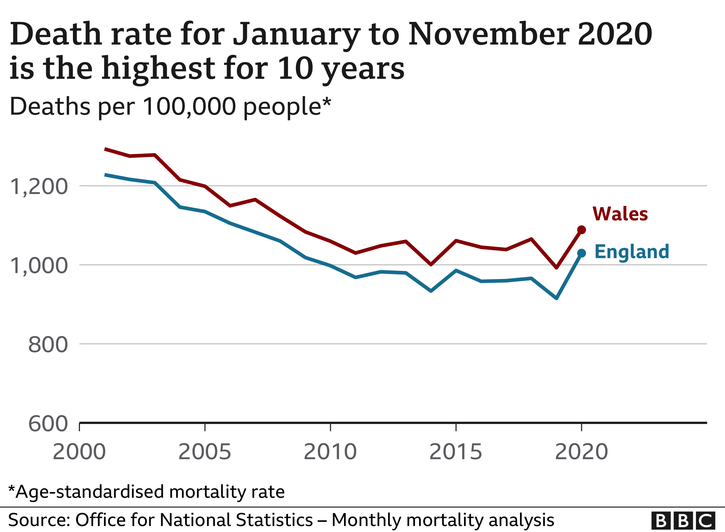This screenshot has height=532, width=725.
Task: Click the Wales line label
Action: [620, 214]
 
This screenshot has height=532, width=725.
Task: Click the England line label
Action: [631, 252]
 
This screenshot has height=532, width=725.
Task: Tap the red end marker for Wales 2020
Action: [581, 230]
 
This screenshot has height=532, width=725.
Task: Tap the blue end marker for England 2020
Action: [581, 254]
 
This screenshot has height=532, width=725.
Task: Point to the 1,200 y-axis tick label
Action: [39, 187]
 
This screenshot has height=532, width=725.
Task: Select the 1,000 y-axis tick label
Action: [39, 266]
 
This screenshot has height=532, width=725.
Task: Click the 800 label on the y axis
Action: [48, 345]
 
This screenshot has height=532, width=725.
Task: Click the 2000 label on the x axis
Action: [79, 452]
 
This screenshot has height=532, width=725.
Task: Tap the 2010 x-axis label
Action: [330, 452]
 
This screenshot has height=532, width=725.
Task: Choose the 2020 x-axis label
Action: [581, 452]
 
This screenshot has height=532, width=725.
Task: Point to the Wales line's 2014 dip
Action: [431, 264]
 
